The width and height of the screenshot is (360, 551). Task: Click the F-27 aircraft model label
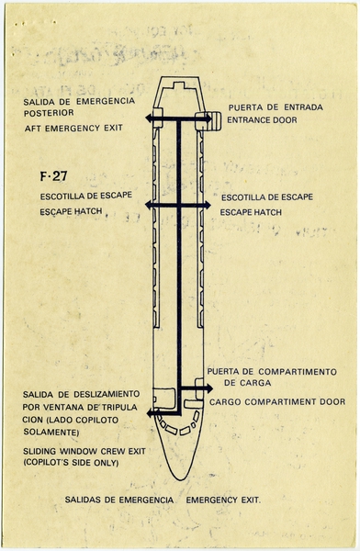pyautogui.click(x=50, y=176)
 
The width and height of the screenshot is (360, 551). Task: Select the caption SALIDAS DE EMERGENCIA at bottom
pyautogui.click(x=122, y=501)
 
